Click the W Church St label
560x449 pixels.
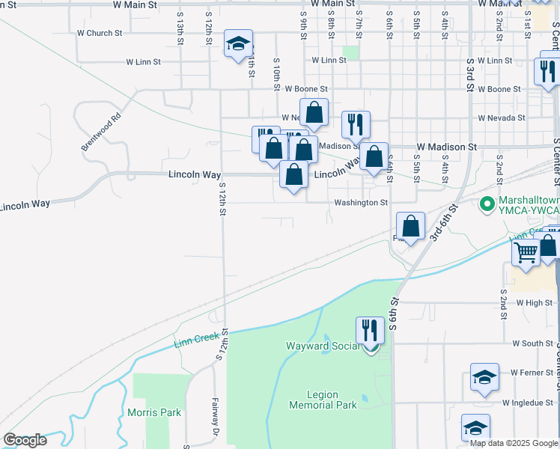(100, 33)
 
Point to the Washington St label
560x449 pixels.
(361, 203)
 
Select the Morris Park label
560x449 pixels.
(154, 412)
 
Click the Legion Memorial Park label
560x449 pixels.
(323, 400)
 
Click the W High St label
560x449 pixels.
(534, 303)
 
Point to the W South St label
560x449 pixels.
(532, 343)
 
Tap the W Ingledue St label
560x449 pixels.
(528, 403)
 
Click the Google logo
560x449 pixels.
(25, 440)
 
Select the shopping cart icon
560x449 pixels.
(526, 251)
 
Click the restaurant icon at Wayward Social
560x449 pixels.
(370, 330)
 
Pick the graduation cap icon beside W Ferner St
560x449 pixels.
(484, 377)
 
